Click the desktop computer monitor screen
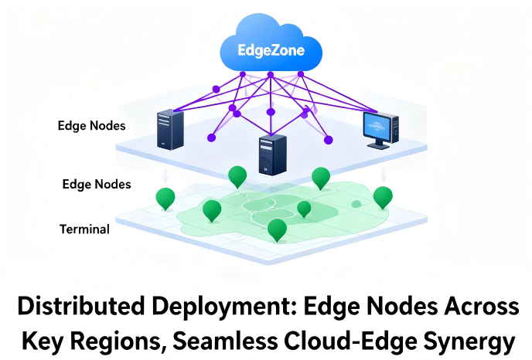[380, 127]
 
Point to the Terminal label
[84, 229]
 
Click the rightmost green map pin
[383, 196]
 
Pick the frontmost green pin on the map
[277, 229]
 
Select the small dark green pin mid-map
[304, 208]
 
